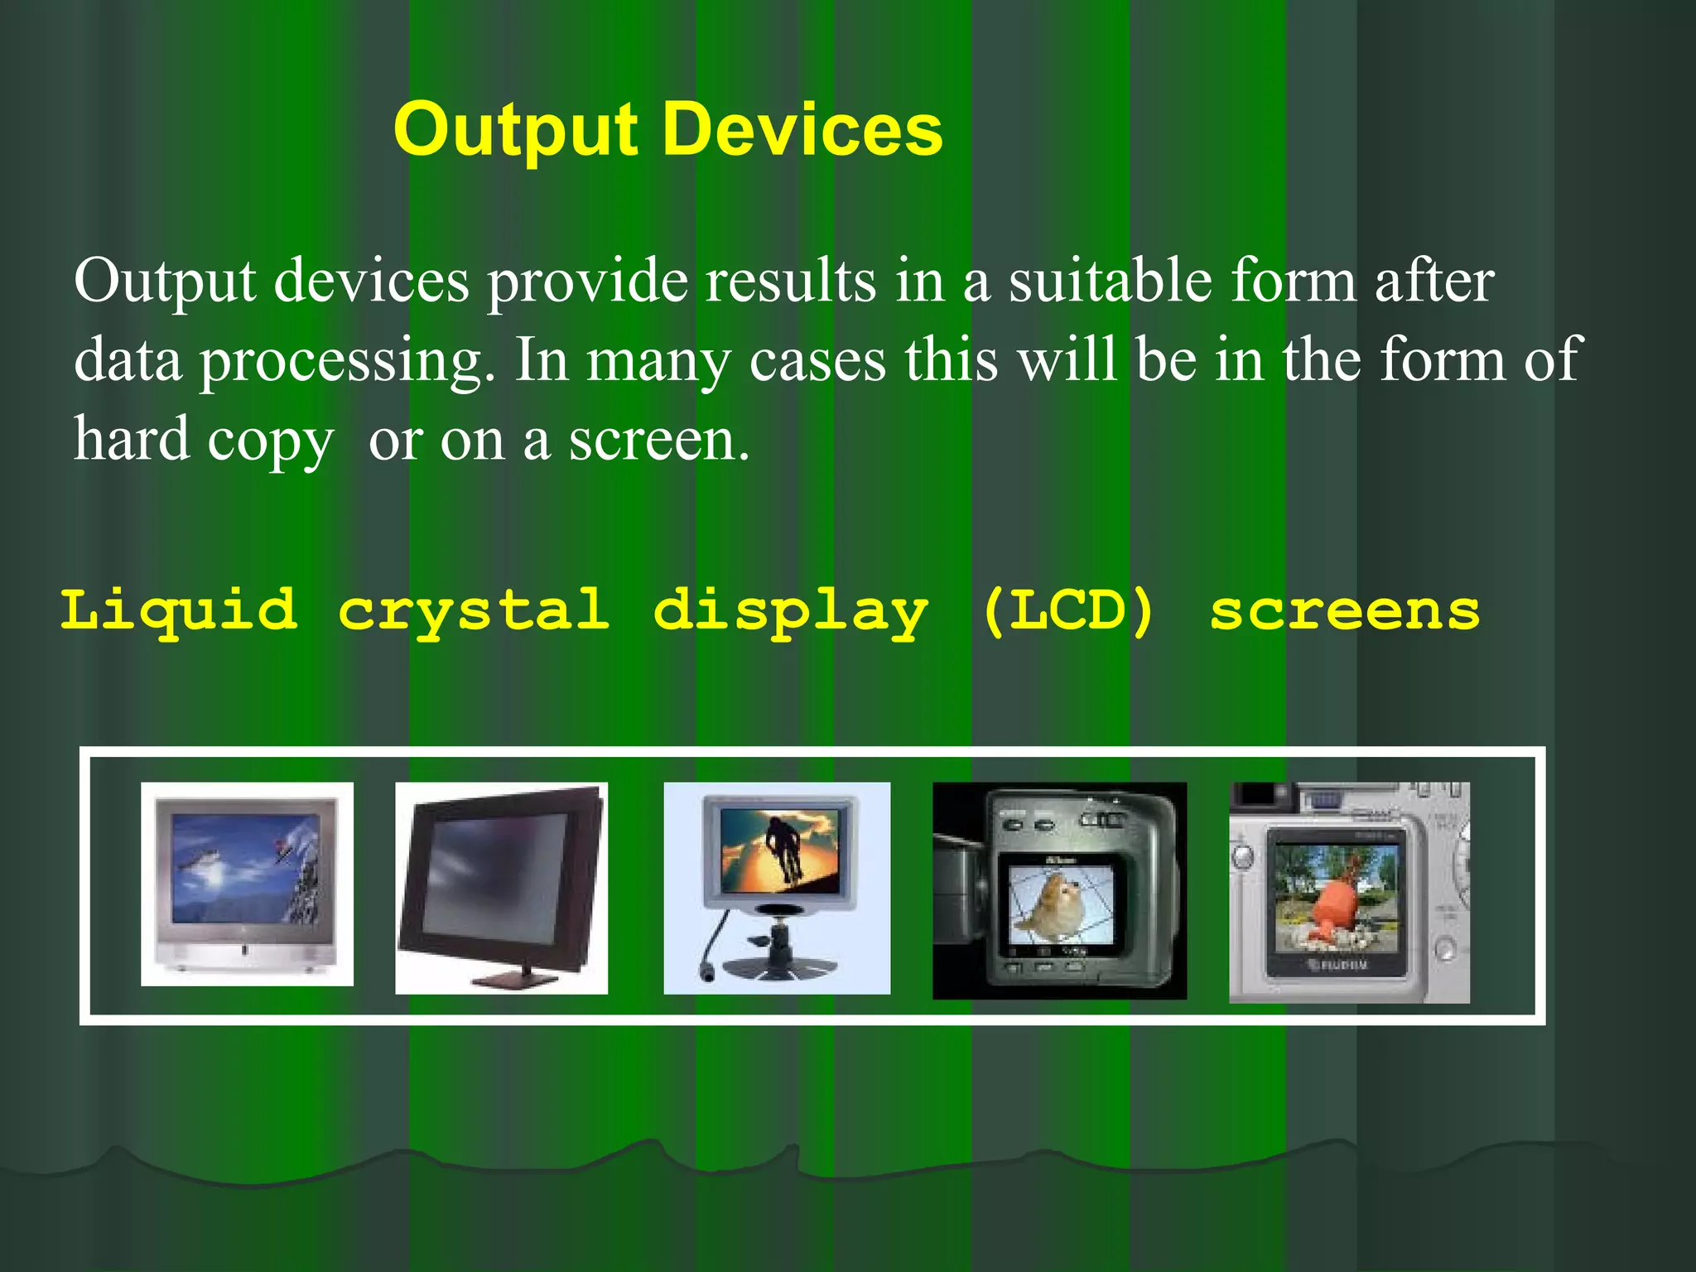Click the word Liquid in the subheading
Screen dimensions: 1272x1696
click(178, 611)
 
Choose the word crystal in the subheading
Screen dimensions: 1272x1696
click(474, 611)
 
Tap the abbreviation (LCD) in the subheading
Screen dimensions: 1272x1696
click(1068, 611)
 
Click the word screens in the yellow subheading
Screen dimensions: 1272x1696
click(1344, 611)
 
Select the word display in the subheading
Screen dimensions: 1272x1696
click(790, 611)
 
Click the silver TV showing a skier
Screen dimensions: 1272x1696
click(247, 883)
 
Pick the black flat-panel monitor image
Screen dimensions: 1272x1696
click(501, 878)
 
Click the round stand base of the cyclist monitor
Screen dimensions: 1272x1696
click(778, 966)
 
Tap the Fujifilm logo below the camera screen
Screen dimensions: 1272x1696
click(1337, 965)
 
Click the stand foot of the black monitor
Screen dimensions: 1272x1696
click(504, 979)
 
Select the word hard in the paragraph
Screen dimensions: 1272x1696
click(132, 440)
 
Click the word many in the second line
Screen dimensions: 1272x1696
click(658, 361)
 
